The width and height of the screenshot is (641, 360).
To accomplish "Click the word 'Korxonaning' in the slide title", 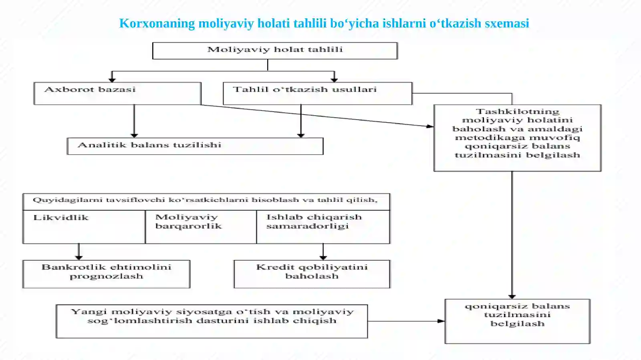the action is click(x=157, y=24).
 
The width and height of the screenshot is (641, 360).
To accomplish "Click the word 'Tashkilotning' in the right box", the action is click(x=517, y=111).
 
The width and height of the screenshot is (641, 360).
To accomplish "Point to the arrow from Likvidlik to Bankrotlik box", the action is click(x=79, y=252).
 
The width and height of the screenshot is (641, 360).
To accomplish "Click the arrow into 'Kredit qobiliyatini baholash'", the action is click(x=323, y=252).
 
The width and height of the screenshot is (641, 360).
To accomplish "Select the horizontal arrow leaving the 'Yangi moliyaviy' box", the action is click(x=406, y=321).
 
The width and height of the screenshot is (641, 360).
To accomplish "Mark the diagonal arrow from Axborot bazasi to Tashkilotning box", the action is click(x=317, y=115).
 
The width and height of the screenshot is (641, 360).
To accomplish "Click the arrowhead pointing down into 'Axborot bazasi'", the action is click(x=112, y=79).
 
